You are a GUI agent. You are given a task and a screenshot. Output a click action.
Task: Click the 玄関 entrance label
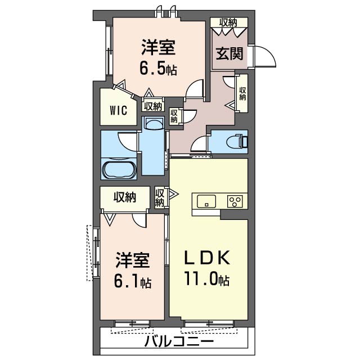(229, 53)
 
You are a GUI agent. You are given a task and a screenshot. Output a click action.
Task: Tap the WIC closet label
(119, 111)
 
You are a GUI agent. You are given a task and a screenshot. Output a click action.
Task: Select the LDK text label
(208, 258)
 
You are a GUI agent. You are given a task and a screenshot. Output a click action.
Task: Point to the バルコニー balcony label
(179, 341)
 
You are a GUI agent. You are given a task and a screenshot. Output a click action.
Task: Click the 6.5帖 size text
(159, 68)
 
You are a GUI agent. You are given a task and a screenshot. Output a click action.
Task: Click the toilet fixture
(237, 141)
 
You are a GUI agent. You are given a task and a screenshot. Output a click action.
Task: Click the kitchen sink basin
(206, 201)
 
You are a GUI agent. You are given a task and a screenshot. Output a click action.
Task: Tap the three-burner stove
(235, 201)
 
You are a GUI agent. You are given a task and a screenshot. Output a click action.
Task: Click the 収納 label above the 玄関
(228, 22)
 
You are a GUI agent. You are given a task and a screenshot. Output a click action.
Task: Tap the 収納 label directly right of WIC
(153, 106)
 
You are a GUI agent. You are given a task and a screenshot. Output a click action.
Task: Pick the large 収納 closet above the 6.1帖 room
(125, 197)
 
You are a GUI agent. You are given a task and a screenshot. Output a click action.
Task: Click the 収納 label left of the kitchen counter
(160, 197)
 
